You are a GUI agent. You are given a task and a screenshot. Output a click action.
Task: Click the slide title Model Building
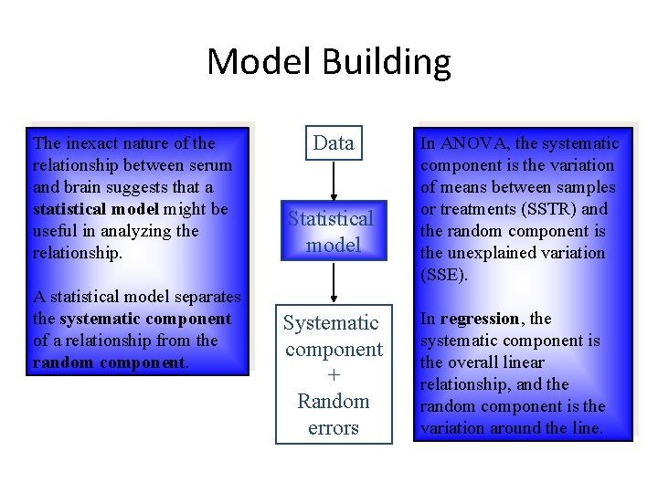point(329,62)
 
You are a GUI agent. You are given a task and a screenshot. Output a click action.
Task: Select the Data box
point(334,142)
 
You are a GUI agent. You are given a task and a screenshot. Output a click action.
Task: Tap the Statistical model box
point(331,231)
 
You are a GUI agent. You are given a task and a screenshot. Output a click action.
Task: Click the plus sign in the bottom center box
point(334,375)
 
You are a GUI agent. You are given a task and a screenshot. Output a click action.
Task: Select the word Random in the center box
point(334,401)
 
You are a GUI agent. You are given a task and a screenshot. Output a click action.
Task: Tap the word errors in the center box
point(334,427)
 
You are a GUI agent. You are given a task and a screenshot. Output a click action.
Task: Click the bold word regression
point(479,319)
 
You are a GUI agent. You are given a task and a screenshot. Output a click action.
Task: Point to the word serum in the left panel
point(210,165)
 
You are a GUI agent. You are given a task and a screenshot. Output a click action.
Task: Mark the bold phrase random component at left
point(109,362)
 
